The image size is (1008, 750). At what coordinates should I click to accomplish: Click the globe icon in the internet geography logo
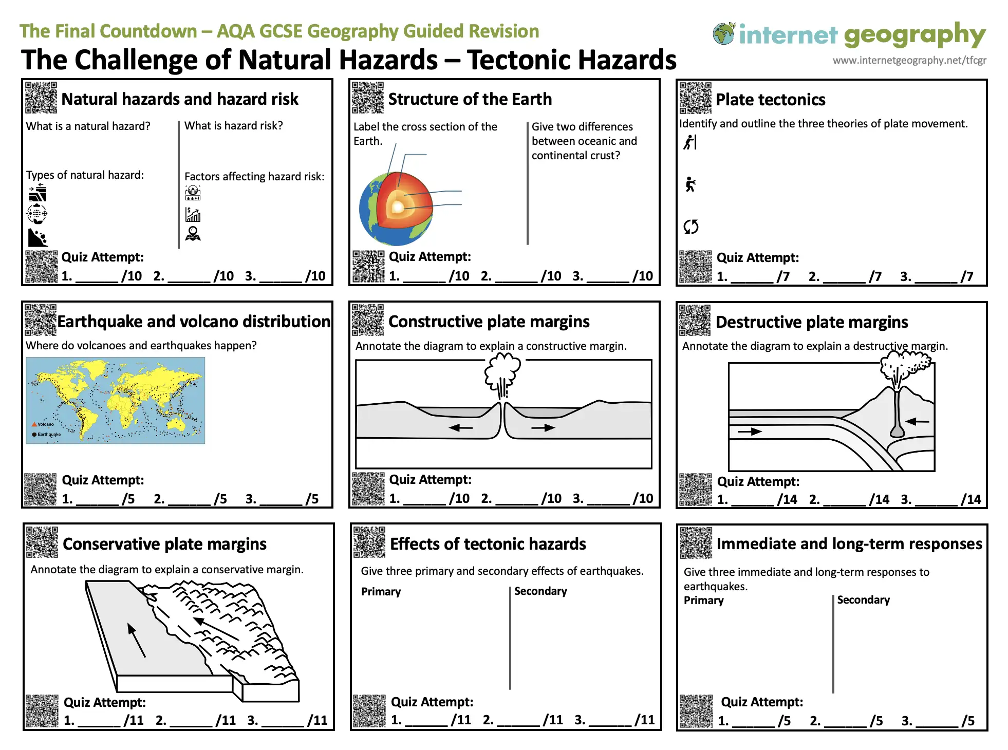point(724,33)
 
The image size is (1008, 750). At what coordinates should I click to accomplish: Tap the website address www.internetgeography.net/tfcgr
point(909,61)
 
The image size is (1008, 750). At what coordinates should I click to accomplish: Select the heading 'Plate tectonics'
point(770,100)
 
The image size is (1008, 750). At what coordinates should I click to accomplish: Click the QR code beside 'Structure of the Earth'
point(368,97)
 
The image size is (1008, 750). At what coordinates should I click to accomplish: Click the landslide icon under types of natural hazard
point(38,237)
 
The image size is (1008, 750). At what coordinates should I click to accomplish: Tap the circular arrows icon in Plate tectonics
point(691,227)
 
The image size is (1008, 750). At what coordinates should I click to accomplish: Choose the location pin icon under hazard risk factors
point(193,234)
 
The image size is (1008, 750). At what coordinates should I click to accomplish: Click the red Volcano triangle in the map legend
point(34,424)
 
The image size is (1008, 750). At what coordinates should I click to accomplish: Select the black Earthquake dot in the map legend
point(34,435)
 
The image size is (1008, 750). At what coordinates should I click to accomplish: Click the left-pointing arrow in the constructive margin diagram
point(460,427)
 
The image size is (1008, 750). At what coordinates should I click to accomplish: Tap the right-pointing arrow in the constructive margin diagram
point(543,427)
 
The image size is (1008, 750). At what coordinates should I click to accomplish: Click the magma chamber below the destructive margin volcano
point(897,430)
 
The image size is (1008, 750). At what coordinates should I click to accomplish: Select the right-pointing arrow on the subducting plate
point(750,432)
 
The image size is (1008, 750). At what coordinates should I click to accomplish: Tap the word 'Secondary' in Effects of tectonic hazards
point(540,591)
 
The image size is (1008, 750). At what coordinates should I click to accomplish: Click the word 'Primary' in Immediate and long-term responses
point(703,600)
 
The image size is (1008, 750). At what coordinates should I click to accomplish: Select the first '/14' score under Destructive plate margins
point(787,499)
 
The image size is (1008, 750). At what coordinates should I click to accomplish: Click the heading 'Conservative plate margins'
point(164,544)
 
